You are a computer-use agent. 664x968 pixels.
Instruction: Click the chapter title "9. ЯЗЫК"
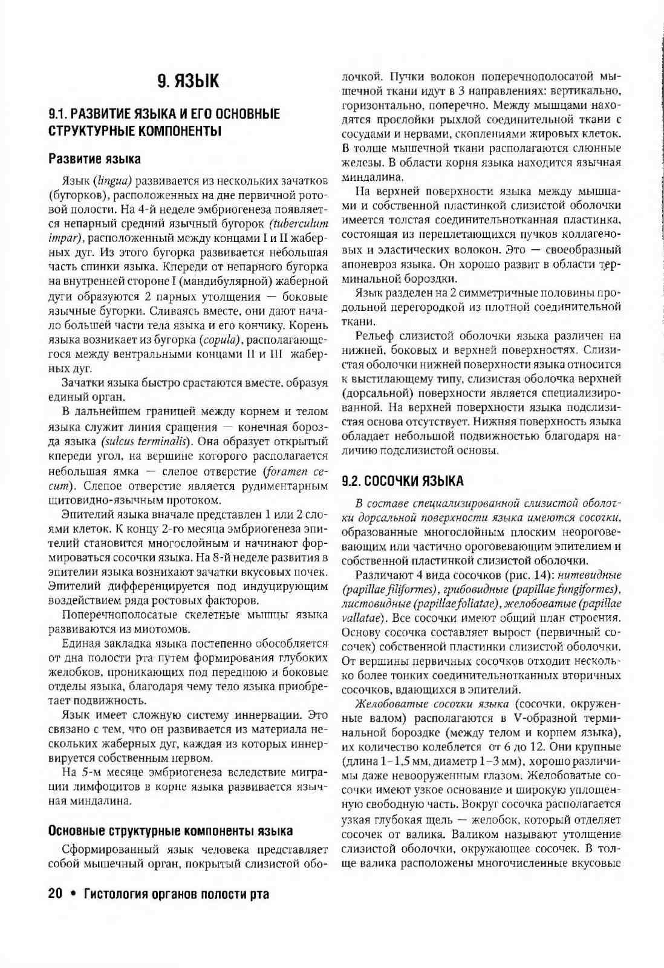188,81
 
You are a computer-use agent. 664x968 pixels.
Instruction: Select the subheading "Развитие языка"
94,159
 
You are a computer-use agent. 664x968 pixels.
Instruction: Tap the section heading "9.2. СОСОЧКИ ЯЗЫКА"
403,482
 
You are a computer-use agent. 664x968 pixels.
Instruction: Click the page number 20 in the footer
55,894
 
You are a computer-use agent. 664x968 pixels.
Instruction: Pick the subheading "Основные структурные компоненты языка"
171,831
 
